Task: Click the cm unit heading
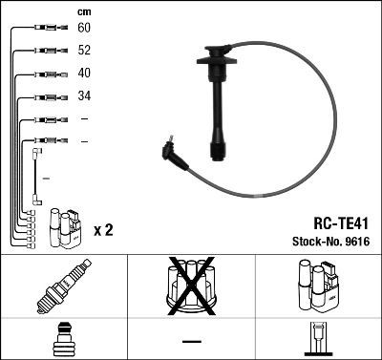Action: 83,11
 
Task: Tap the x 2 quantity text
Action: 103,230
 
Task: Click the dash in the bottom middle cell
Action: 191,341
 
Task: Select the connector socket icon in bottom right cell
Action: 317,340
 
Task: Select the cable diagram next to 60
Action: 44,30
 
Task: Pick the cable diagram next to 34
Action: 44,96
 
